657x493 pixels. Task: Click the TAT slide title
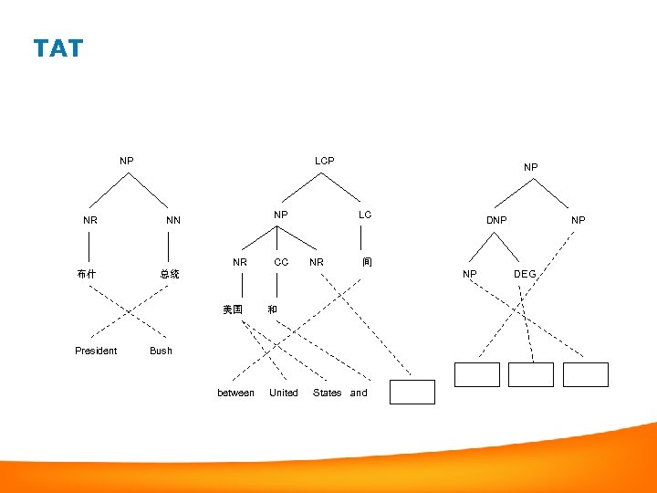(x=57, y=48)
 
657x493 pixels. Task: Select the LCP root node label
(x=324, y=161)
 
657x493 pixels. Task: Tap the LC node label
(x=365, y=215)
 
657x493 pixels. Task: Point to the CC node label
(x=281, y=262)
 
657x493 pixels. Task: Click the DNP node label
(x=496, y=220)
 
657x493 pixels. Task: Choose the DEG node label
(x=525, y=274)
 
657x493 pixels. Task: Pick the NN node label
(x=172, y=220)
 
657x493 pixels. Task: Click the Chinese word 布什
(x=89, y=274)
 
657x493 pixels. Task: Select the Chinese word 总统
(x=170, y=274)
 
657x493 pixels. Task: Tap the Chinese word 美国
(x=233, y=309)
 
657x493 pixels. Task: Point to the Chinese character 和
(x=272, y=309)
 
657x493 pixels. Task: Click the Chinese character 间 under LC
(x=366, y=262)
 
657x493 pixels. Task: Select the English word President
(x=96, y=351)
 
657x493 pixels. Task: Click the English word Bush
(x=161, y=351)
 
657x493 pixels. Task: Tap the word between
(x=235, y=393)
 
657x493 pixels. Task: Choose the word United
(x=283, y=393)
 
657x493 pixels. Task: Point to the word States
(x=327, y=393)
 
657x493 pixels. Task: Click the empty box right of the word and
(x=412, y=392)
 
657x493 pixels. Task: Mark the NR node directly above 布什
(x=90, y=220)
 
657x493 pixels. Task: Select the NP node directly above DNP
(x=530, y=167)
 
